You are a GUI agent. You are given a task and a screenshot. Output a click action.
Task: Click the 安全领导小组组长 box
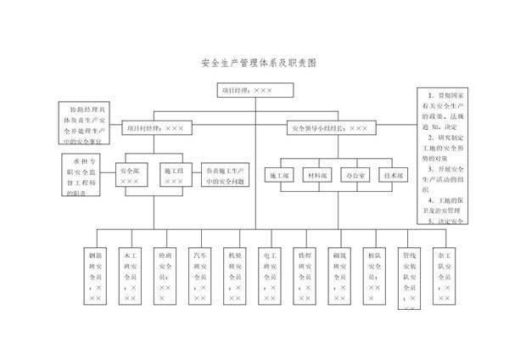[329, 128]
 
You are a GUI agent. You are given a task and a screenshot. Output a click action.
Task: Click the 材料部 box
[316, 176]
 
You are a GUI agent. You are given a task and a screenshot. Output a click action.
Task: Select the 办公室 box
[355, 176]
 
